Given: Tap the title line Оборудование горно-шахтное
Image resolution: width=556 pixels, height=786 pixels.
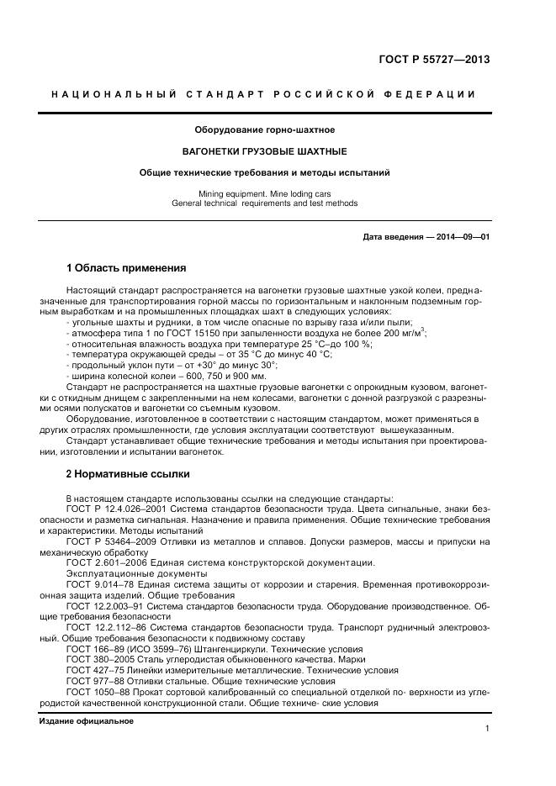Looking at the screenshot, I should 265,130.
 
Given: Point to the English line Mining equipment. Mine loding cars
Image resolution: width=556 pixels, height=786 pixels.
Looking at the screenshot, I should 265,193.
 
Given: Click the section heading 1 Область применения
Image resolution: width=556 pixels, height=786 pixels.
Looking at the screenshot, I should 125,269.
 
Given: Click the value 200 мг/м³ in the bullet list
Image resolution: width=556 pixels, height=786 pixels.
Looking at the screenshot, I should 404,333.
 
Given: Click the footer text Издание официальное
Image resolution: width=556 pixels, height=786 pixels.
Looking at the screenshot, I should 87,721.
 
